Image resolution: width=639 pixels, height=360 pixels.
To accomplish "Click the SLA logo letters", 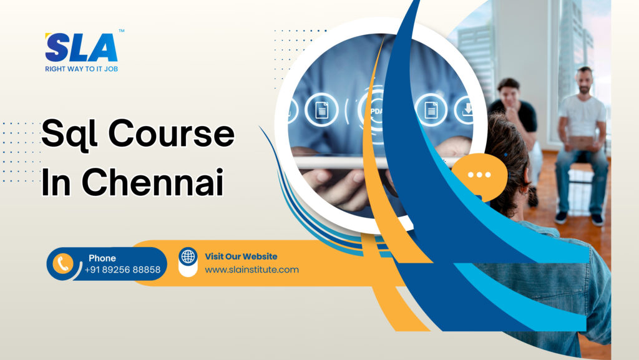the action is [x=81, y=47].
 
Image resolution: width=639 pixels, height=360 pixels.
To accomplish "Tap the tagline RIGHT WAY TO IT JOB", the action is [x=82, y=69].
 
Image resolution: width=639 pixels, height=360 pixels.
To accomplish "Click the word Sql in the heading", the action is [x=69, y=134].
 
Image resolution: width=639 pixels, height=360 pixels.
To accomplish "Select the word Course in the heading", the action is [x=171, y=133].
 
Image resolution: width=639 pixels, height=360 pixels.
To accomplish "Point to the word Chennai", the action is [x=153, y=182].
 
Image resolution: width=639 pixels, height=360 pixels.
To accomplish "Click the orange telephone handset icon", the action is [x=63, y=263].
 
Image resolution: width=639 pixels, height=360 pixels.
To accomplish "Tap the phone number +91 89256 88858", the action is [x=123, y=270].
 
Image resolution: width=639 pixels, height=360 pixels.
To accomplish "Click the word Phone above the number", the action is [x=102, y=258].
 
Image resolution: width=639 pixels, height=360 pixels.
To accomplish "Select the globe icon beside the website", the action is [x=188, y=256].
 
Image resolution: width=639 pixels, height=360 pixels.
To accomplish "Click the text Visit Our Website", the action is [x=241, y=256].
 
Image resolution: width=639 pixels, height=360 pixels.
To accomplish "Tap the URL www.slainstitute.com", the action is [x=252, y=270].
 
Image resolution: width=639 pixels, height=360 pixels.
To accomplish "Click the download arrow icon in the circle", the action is [x=467, y=109].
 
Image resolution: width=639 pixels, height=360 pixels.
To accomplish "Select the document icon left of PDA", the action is [x=321, y=110].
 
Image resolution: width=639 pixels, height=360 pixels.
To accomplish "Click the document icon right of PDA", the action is [x=431, y=110].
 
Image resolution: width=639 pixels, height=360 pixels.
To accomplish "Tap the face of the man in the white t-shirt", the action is [x=585, y=82].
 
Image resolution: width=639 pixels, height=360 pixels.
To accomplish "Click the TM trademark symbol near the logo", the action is [x=122, y=31].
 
